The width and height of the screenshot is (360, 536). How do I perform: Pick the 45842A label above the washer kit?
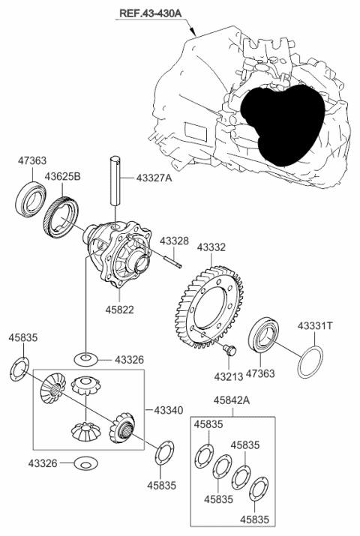(231, 401)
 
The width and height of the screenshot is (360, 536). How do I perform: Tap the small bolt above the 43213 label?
(230, 350)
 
